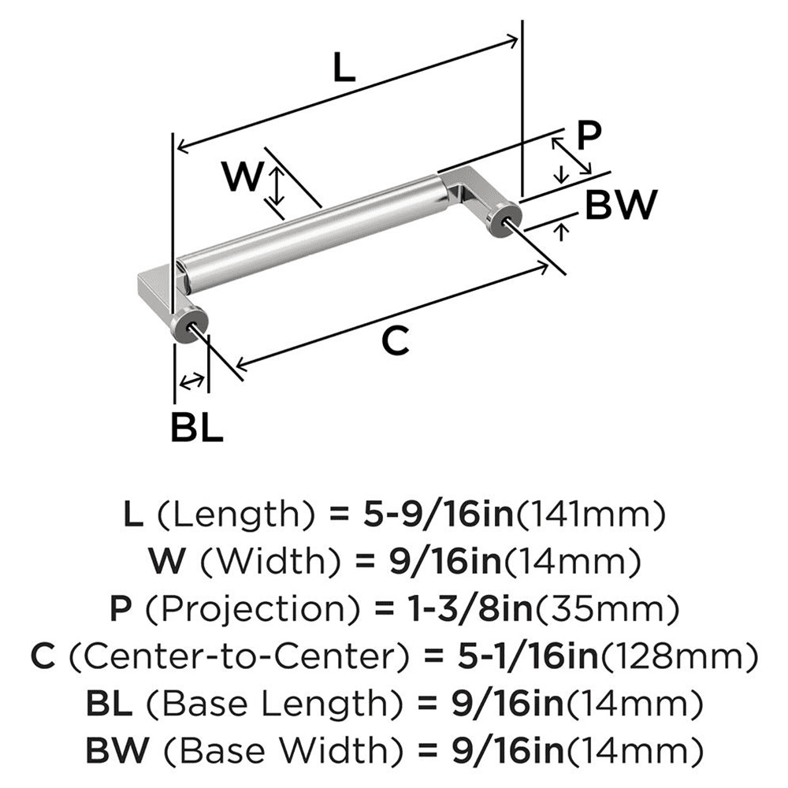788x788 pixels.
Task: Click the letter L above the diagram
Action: coord(344,69)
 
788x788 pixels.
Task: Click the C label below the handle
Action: coord(395,341)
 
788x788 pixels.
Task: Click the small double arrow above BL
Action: coord(191,382)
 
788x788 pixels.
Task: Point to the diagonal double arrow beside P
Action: coord(571,155)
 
